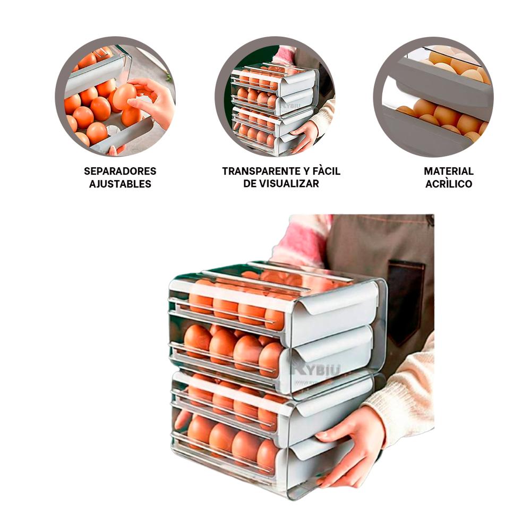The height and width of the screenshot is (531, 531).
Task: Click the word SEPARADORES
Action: [120, 171]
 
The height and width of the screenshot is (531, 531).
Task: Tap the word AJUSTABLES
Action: [120, 184]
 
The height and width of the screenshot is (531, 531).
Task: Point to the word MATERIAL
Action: [448, 171]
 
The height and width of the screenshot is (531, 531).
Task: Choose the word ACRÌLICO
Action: [448, 184]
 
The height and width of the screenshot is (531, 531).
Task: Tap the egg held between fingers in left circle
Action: [124, 96]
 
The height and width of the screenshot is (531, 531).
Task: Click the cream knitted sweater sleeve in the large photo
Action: [405, 389]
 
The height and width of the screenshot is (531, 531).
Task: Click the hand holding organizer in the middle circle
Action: [306, 135]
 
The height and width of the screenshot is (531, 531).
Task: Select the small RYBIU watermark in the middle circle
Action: [291, 106]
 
